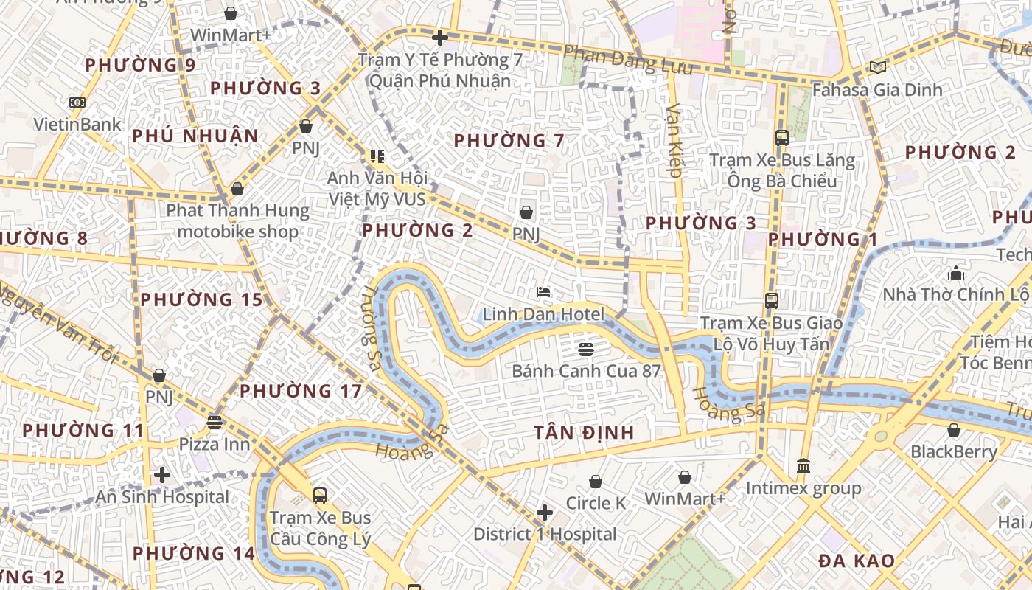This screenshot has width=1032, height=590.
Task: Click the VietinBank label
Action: coord(77,124)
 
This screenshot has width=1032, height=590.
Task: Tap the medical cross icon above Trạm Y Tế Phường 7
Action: coord(440,38)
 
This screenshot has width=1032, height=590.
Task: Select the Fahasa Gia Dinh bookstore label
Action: coord(877,89)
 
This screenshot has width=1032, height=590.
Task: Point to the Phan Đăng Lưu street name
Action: coord(628,60)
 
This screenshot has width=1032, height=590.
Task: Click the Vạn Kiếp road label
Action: coord(674,140)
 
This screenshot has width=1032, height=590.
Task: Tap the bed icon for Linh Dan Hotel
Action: coord(543,293)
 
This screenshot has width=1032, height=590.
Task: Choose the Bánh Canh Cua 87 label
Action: coord(586,370)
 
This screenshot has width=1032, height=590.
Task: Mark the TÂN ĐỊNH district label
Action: coord(584,432)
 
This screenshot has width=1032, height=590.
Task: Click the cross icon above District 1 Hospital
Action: coord(545,513)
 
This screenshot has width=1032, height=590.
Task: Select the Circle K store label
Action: coord(596,503)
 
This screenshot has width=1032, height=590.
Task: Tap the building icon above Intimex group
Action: coord(803,466)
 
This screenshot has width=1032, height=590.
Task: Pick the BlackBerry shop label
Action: coord(954,451)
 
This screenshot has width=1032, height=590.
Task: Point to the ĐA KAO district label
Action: coord(857,560)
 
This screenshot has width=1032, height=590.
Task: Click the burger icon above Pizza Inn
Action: coord(215,423)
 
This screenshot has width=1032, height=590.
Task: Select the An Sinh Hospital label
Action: coord(162,496)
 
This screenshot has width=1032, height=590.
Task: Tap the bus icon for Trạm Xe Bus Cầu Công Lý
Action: coord(320,495)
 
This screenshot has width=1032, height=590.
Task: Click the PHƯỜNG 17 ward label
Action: coord(301,391)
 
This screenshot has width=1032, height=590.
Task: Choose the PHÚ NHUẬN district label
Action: coord(195,136)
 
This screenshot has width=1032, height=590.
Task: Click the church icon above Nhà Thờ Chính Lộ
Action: coord(956,274)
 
